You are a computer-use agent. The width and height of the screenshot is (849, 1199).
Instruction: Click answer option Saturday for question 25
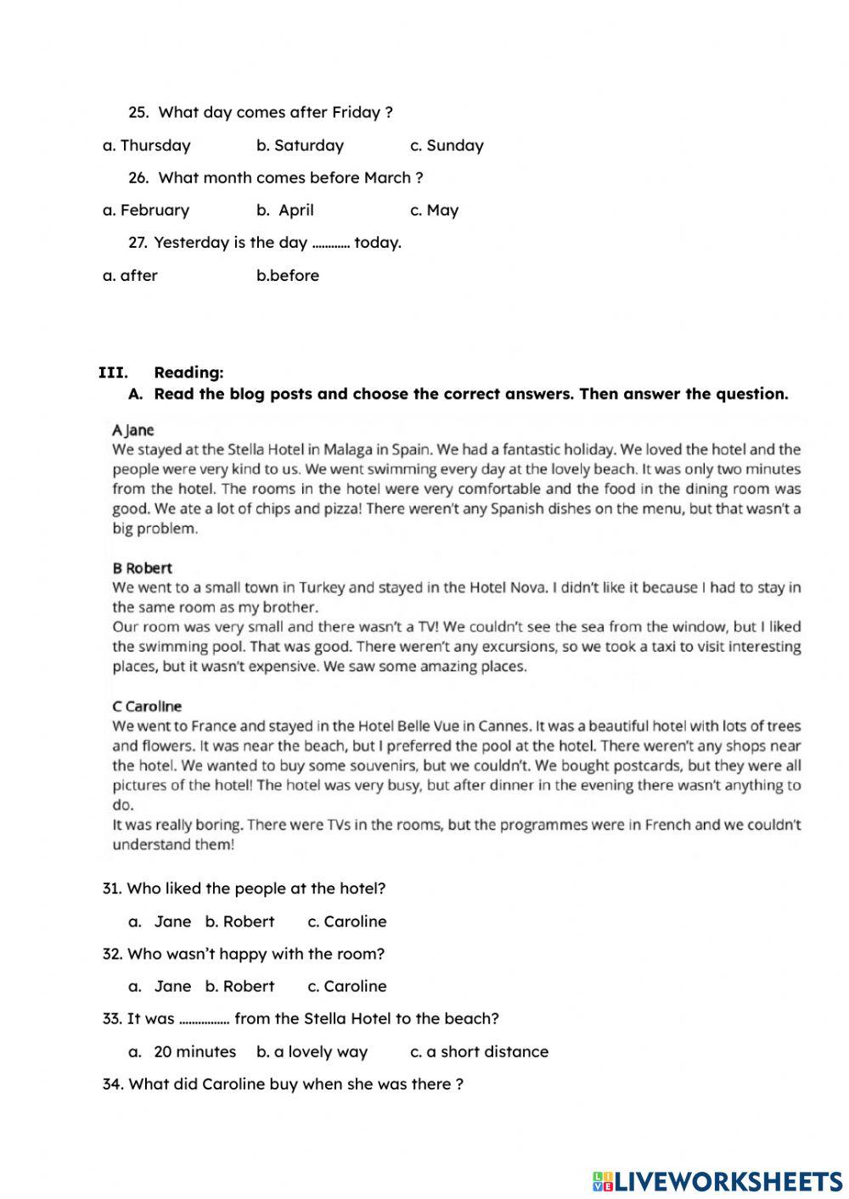[x=301, y=145]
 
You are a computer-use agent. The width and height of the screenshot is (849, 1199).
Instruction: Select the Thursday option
[x=147, y=145]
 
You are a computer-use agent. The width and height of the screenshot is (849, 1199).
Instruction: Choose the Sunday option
[x=447, y=145]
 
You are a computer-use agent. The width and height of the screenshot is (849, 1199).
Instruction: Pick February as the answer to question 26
[x=146, y=210]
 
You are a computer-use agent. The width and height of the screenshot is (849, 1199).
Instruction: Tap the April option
[x=286, y=210]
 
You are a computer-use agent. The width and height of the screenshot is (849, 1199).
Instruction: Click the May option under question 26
[x=435, y=210]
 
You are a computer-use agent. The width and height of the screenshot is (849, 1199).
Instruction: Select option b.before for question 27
[x=288, y=275]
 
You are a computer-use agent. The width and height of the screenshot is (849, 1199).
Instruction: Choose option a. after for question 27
[x=131, y=275]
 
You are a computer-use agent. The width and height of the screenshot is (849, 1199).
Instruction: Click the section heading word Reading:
[x=188, y=373]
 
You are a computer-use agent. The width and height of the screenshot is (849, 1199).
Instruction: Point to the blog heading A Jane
[x=133, y=430]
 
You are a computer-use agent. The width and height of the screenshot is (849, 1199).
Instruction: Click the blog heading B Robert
[x=142, y=568]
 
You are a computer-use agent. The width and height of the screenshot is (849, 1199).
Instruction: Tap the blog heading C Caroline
[x=147, y=706]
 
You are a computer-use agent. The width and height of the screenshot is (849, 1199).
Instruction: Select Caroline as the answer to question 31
[x=347, y=922]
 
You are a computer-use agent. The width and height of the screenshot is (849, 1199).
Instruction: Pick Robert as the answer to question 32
[x=240, y=986]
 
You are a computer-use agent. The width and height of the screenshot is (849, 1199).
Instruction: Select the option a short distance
[x=480, y=1051]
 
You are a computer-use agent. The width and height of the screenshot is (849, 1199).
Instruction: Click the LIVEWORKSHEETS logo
[x=717, y=1180]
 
